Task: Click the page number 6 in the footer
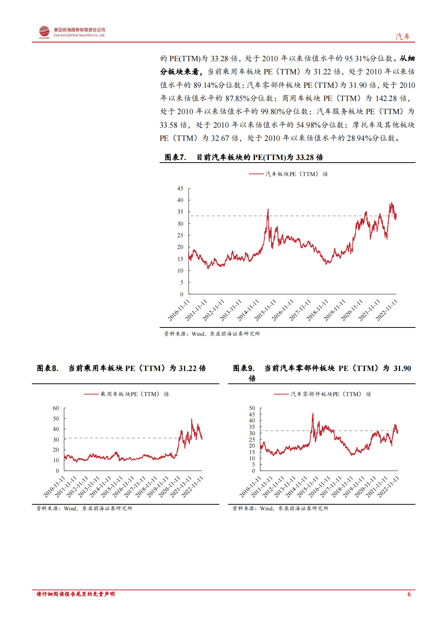[409, 594]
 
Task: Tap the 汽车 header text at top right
[403, 36]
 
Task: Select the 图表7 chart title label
[175, 157]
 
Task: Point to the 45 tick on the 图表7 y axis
[180, 189]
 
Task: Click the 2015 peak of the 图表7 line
[268, 210]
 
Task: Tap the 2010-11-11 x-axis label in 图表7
[179, 310]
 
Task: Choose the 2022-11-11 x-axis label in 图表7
[387, 310]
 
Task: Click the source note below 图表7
[212, 333]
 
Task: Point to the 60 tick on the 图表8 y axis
[56, 408]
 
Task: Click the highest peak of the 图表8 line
[192, 419]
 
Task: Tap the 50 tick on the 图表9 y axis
[252, 408]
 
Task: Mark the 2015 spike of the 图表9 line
[313, 414]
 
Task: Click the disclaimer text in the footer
[76, 594]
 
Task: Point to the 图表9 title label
[244, 368]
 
